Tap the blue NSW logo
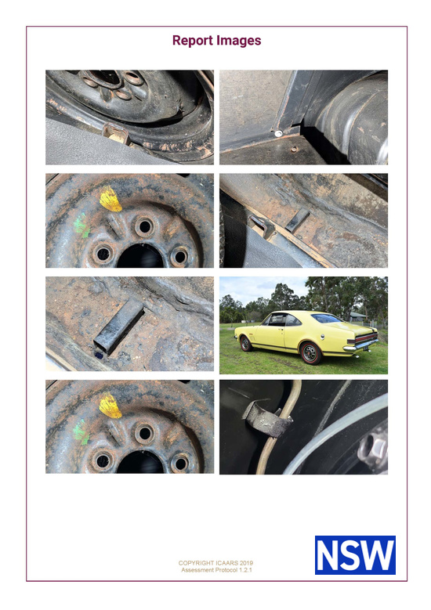pos(355,554)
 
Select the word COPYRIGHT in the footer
pos(196,563)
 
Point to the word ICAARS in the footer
pos(227,563)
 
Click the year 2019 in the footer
pos(246,563)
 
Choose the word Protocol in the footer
pos(226,570)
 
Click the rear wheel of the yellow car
pos(310,353)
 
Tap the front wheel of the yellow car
pos(245,344)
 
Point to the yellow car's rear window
pos(326,318)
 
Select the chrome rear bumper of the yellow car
pos(361,345)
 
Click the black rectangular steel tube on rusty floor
pos(119,326)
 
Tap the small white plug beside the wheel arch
pos(278,133)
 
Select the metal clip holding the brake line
pos(267,420)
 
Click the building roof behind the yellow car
pos(357,314)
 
